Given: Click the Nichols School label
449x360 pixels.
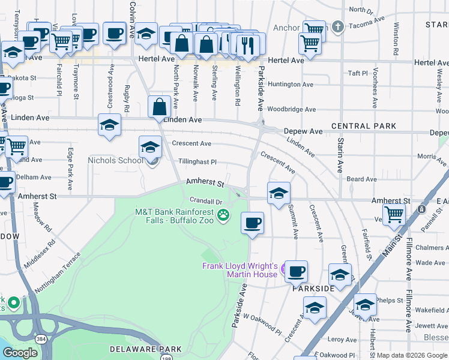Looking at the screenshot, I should coord(115,160).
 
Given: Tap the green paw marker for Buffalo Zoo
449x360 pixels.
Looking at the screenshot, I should coord(224,215).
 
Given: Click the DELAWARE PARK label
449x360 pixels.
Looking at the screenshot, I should coord(137,349).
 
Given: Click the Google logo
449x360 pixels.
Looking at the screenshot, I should coord(20,352).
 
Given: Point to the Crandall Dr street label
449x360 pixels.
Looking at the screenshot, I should coord(206,201).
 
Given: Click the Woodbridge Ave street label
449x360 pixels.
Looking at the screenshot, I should coord(291,109).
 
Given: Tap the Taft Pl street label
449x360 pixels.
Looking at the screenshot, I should coord(357,73).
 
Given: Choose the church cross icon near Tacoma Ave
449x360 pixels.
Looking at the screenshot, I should coord(338,27).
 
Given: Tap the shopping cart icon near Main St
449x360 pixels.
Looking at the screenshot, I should coord(394,214).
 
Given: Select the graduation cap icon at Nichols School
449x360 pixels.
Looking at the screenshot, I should coord(150,147).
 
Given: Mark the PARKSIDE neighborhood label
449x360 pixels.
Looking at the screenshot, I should coord(313,289).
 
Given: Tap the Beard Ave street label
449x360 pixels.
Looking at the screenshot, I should coord(361,179).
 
